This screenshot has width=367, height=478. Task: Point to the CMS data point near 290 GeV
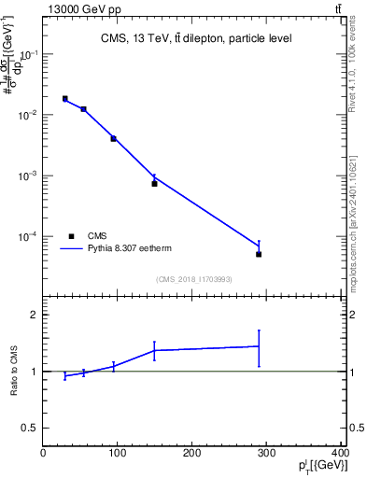[259, 254]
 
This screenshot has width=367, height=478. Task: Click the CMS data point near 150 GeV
[154, 183]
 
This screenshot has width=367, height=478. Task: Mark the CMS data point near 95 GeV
[113, 138]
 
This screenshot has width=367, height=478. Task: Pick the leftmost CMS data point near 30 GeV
[64, 98]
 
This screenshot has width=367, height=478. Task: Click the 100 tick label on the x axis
[118, 453]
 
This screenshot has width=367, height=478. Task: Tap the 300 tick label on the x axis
[267, 453]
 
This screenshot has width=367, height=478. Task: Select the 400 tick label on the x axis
[341, 453]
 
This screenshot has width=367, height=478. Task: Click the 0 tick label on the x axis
[43, 453]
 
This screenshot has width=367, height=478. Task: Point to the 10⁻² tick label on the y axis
[29, 115]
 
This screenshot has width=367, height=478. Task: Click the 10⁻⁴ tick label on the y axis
[29, 236]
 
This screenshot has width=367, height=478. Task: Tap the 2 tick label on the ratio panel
[34, 315]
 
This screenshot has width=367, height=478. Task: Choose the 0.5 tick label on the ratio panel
[29, 428]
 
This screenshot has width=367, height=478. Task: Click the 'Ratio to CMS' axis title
[13, 372]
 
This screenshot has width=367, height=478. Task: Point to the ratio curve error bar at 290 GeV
[259, 347]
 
